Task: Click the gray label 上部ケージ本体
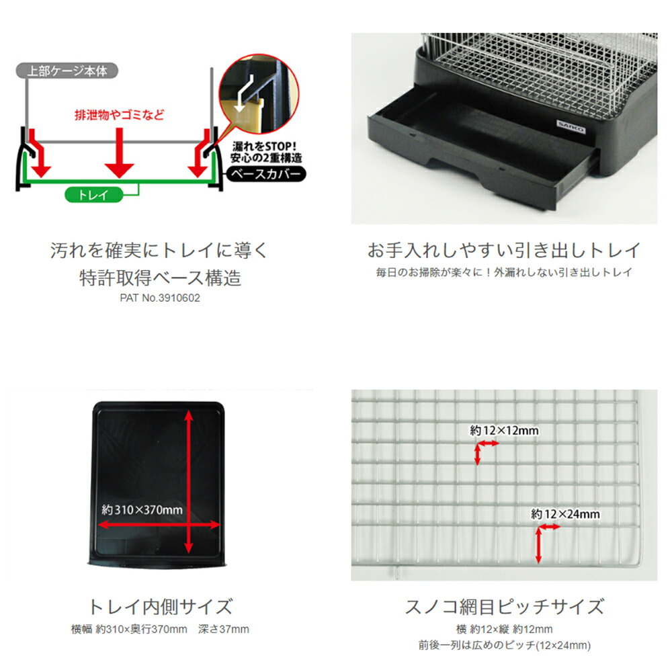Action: (67, 71)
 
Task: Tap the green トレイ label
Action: (94, 195)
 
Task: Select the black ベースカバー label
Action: (265, 174)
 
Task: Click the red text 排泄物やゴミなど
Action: (120, 115)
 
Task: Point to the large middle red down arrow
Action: (119, 153)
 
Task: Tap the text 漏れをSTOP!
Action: (264, 146)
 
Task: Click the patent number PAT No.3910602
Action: (160, 298)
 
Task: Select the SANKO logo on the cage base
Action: (571, 127)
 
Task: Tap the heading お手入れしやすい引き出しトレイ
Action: (504, 250)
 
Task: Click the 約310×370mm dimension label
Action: (142, 509)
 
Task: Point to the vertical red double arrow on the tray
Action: (188, 481)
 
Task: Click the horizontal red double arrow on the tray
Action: (159, 525)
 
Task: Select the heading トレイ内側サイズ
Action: (161, 607)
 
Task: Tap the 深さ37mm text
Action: (223, 629)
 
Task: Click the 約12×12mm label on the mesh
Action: (504, 430)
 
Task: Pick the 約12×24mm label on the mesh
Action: (565, 514)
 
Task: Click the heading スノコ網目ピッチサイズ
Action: (504, 607)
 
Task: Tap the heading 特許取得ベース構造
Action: (161, 278)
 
